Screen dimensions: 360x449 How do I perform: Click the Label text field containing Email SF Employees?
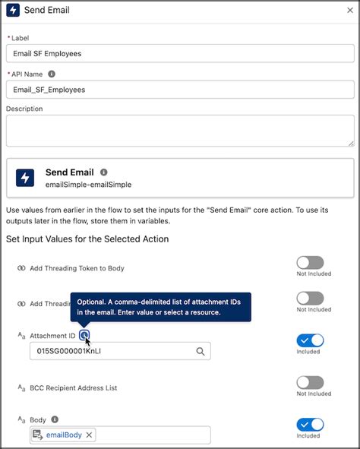pyautogui.click(x=180, y=53)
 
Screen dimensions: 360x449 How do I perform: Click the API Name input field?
pyautogui.click(x=180, y=89)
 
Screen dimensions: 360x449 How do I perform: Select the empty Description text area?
pyautogui.click(x=180, y=130)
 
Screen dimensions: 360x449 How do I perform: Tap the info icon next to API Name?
pyautogui.click(x=52, y=74)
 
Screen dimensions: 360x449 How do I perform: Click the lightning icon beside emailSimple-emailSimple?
pyautogui.click(x=26, y=178)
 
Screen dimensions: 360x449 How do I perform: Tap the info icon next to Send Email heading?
pyautogui.click(x=103, y=172)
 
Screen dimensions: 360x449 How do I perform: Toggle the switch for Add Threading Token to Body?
pyautogui.click(x=310, y=262)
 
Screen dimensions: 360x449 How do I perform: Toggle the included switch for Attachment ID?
pyautogui.click(x=310, y=340)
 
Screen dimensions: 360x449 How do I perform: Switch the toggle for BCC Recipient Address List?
pyautogui.click(x=310, y=383)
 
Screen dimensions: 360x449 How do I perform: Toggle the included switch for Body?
pyautogui.click(x=310, y=425)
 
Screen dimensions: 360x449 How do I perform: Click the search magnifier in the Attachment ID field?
pyautogui.click(x=201, y=351)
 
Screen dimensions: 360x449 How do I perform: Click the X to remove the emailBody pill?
pyautogui.click(x=89, y=435)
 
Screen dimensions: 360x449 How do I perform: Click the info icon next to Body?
pyautogui.click(x=54, y=419)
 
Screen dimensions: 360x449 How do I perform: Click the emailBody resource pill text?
pyautogui.click(x=64, y=435)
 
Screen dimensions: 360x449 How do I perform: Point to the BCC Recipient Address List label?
pyautogui.click(x=73, y=388)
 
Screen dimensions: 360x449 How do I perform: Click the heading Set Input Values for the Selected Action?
pyautogui.click(x=87, y=239)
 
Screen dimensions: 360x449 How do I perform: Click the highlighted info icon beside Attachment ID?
pyautogui.click(x=84, y=335)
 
